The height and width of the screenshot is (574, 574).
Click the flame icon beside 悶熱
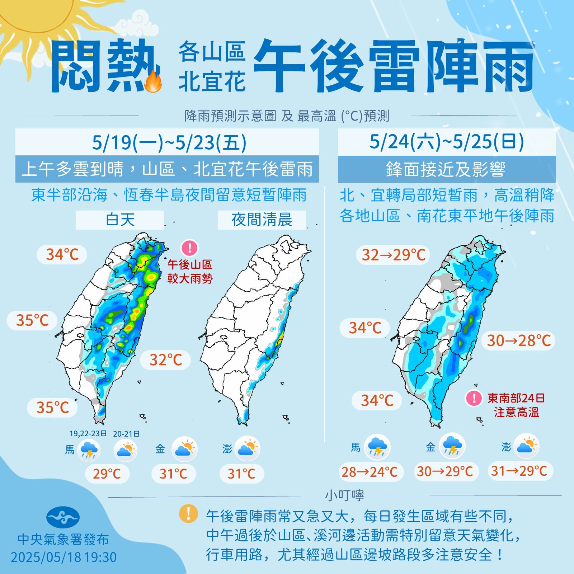[154, 82]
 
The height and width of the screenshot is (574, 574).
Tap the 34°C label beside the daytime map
[62, 255]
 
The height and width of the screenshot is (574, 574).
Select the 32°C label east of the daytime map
[165, 359]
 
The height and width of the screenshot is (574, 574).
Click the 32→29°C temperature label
[393, 255]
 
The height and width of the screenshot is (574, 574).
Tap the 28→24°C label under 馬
[369, 472]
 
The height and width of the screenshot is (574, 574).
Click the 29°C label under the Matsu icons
[107, 474]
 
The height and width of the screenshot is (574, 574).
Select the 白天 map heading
[120, 220]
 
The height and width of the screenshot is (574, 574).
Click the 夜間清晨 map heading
[262, 220]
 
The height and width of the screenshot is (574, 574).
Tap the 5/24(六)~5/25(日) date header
[447, 142]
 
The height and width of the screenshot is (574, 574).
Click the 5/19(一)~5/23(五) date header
[167, 142]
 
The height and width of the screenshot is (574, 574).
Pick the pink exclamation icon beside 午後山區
[189, 248]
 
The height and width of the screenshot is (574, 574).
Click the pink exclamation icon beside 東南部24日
[474, 398]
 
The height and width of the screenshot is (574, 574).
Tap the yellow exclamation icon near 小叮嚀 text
[188, 513]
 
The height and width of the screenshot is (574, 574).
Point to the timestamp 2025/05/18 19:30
[63, 557]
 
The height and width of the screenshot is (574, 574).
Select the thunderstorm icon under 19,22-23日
[88, 450]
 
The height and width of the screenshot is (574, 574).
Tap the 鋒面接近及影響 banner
[447, 169]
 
